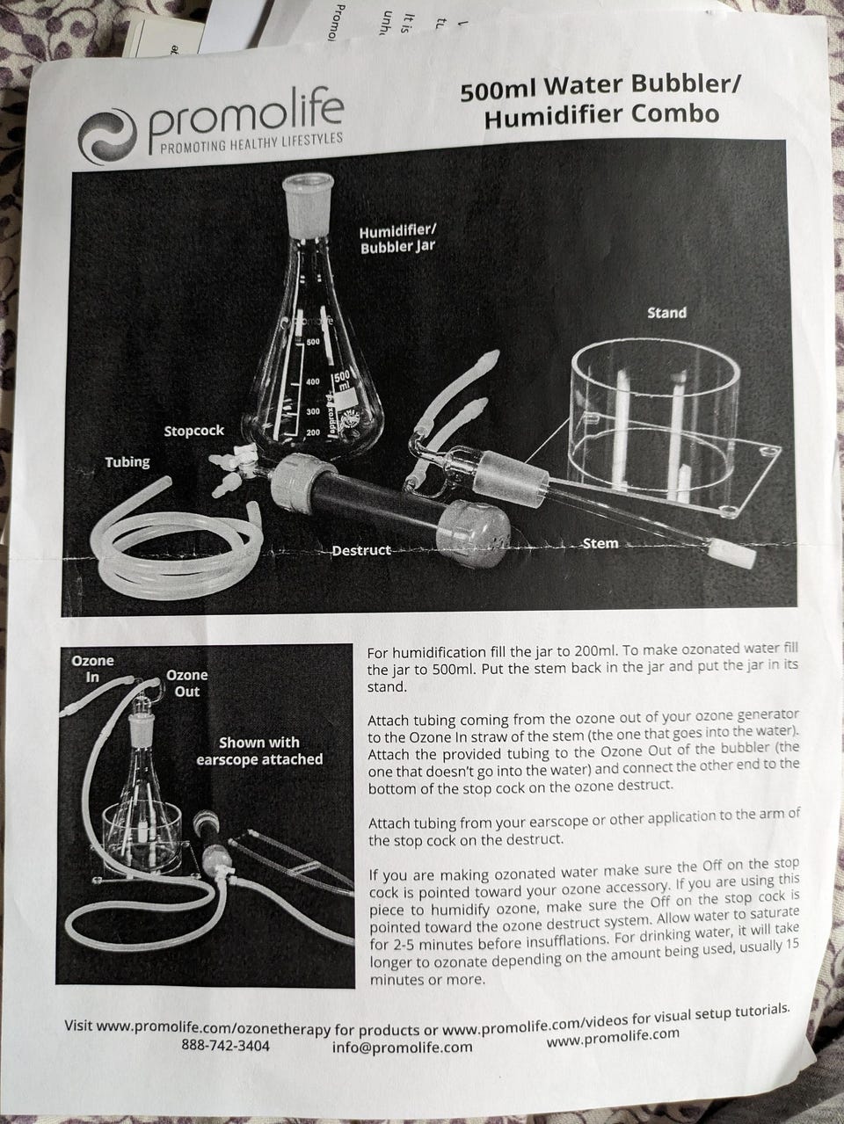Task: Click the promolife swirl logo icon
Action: coord(107,135)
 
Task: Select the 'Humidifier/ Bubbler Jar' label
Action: coord(397,240)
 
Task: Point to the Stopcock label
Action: coord(193,431)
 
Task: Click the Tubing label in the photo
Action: coord(127,462)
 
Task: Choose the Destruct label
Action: coord(361,550)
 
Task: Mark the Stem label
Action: coord(600,543)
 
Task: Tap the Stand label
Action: coord(666,312)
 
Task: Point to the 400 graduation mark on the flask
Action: coord(312,381)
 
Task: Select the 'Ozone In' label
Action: coord(92,668)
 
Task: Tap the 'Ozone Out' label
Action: coord(187,683)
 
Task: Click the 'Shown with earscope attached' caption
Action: coord(259,751)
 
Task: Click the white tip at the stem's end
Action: coord(733,554)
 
